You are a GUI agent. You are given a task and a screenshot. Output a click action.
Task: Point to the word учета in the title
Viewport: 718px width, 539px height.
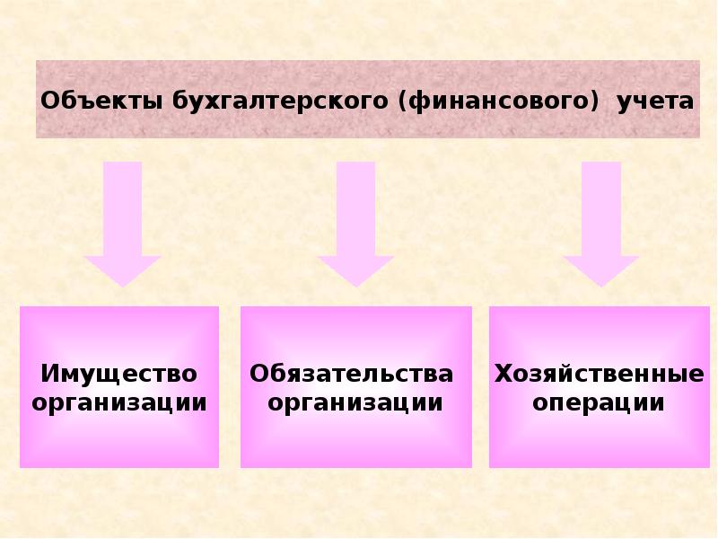pos(654,101)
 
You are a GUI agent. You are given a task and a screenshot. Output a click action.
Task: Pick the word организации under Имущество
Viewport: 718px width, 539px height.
pos(119,402)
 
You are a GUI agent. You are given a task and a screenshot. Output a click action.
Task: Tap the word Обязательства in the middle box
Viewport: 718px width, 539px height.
pos(351,373)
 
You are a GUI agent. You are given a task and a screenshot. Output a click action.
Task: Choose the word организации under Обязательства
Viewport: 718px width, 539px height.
pos(355,402)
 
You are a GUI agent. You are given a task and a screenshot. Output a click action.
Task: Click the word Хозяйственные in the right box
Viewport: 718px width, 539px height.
pos(599,373)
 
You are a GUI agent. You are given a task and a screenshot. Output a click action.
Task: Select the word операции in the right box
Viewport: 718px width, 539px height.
pos(599,402)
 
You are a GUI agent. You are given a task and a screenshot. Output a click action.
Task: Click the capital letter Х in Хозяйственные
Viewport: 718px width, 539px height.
pos(502,373)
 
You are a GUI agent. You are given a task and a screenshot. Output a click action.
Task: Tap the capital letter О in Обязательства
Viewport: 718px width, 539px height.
pos(259,373)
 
